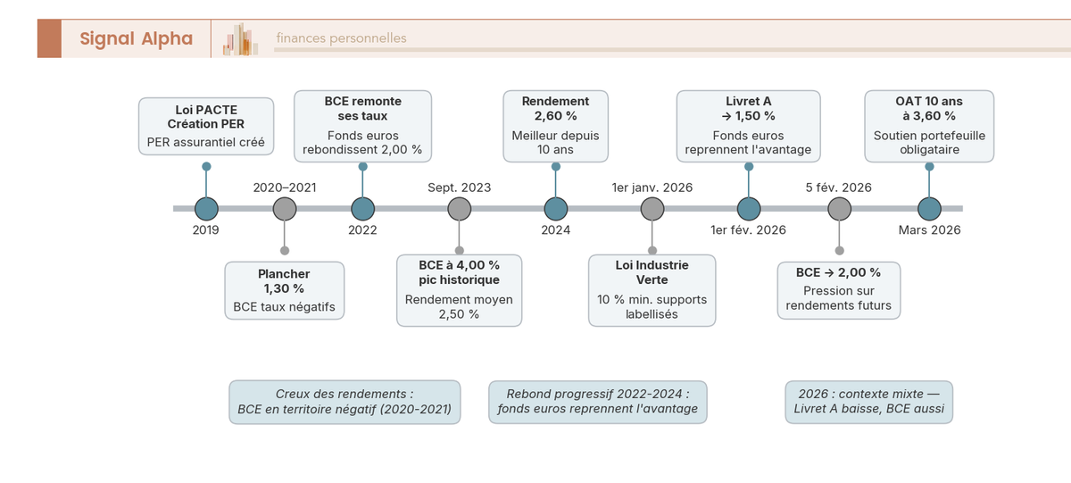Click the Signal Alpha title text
pos(136,38)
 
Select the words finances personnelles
pos(341,38)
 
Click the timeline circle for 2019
pos(206,208)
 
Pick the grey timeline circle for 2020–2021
pos(285,208)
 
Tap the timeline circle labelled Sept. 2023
pos(459,208)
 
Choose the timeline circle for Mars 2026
pos(929,208)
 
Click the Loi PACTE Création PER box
pos(206,126)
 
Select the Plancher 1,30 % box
pos(284,290)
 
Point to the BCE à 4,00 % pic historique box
pos(459,290)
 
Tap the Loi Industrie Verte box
pos(652,290)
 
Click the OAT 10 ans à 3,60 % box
pos(929,126)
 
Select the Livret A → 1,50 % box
pos(748,126)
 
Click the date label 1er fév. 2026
pos(748,230)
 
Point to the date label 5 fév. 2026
pos(838,188)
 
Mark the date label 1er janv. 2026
pos(652,188)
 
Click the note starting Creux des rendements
pos(345,403)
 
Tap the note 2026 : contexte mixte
pos(868,403)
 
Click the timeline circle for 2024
pos(556,208)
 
